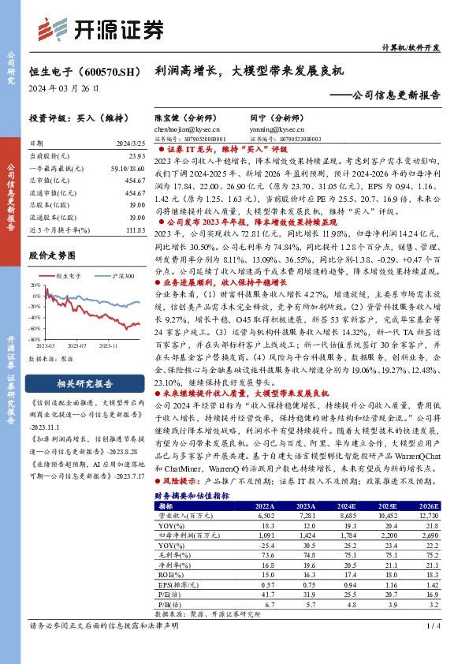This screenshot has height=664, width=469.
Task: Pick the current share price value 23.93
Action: (x=136, y=157)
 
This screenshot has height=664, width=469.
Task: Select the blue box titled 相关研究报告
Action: (x=86, y=383)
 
